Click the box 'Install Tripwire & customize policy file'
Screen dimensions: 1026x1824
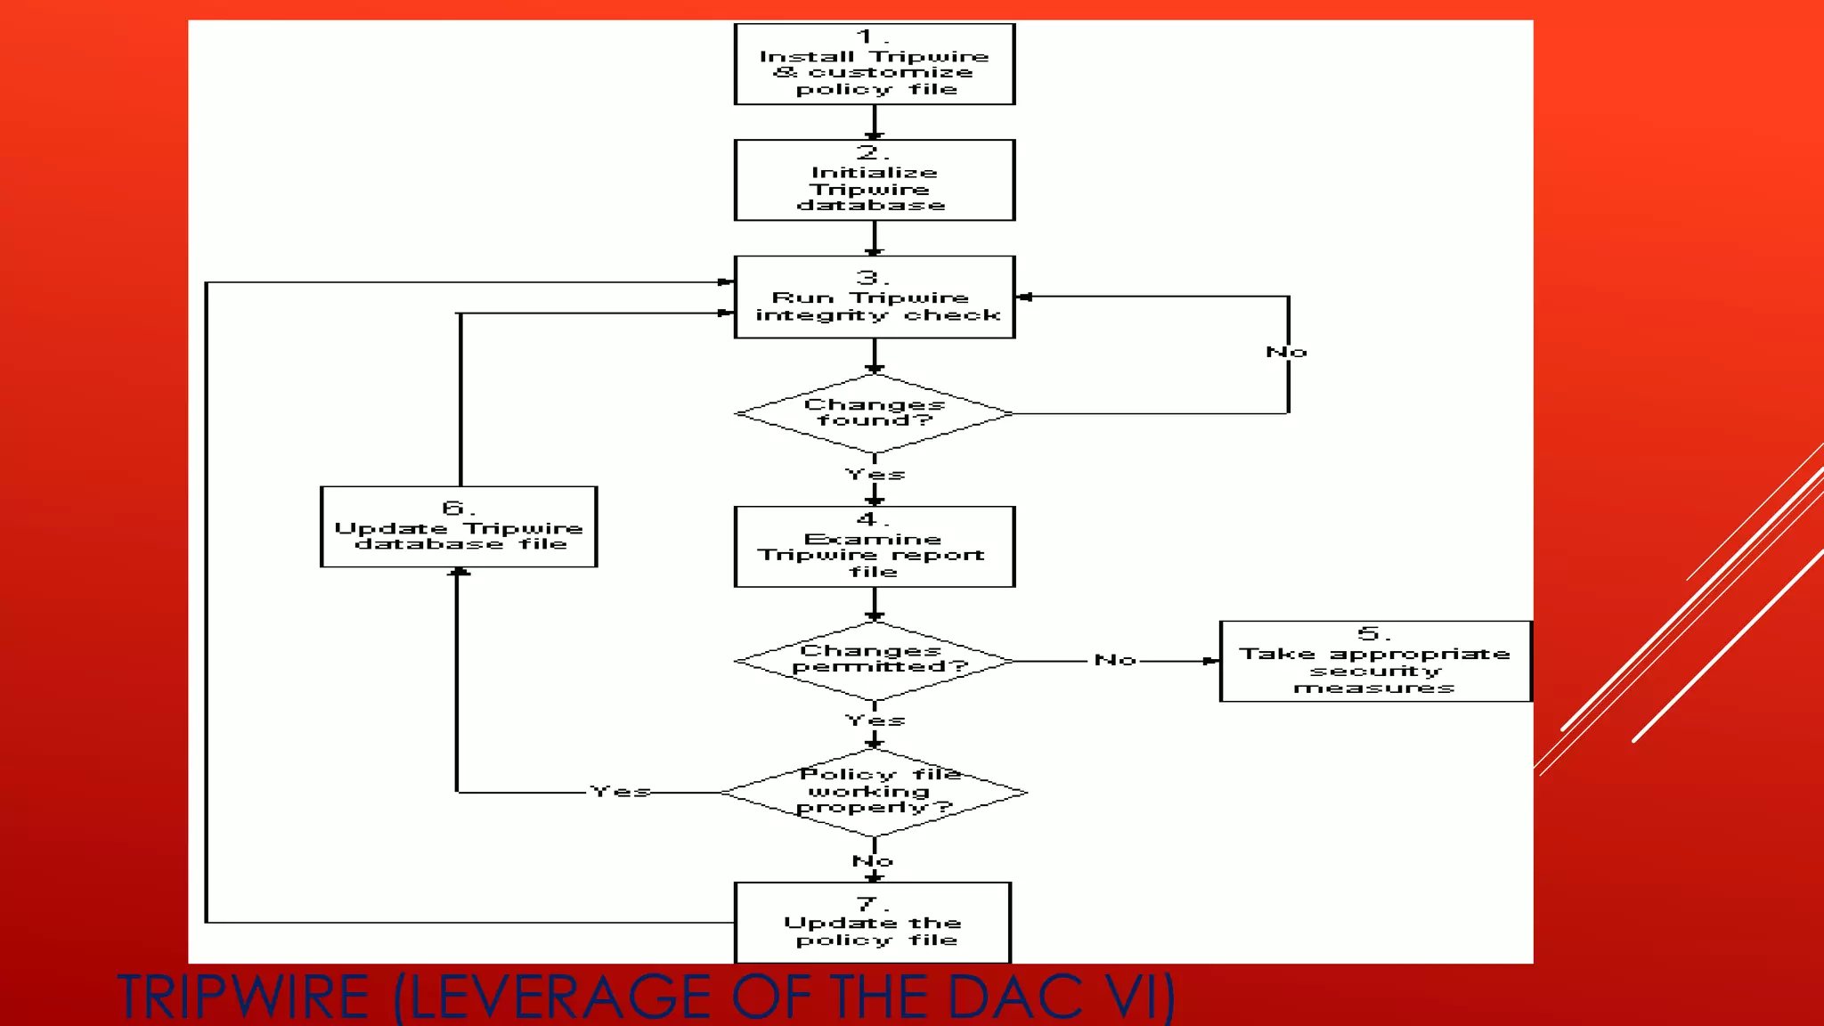874,64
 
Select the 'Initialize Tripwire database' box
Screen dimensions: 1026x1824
874,180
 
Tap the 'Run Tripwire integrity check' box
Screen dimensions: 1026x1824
874,297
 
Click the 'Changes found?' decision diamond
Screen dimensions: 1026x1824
874,413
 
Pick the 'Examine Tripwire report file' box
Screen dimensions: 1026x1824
874,547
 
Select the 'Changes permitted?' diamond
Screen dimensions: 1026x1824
874,661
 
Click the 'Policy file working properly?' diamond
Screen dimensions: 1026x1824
874,792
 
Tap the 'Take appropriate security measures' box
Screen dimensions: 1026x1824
1374,662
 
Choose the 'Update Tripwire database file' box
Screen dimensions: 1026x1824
458,527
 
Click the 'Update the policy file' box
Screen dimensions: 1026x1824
873,923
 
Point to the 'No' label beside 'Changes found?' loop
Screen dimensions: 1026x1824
1286,353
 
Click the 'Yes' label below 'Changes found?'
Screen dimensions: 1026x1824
875,475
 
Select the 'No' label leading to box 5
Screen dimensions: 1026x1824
1115,661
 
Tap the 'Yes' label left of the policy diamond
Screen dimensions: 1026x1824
620,792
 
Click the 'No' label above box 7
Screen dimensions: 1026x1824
872,861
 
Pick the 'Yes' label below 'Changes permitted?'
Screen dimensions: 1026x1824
875,721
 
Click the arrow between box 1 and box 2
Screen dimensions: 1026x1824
874,122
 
